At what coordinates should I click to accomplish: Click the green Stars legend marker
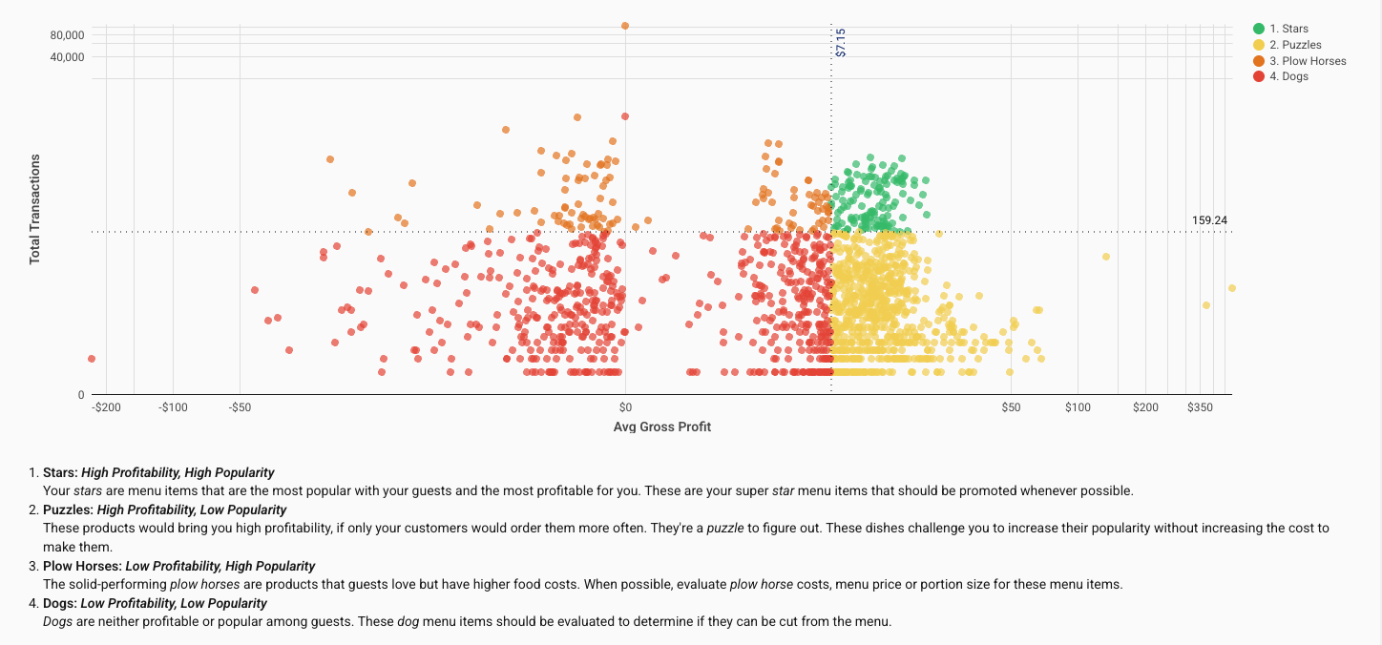pyautogui.click(x=1259, y=30)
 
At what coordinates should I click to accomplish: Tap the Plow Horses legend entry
pyautogui.click(x=1308, y=61)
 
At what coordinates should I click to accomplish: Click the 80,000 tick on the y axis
pyautogui.click(x=67, y=35)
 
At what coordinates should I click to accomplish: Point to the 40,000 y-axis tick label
pyautogui.click(x=67, y=57)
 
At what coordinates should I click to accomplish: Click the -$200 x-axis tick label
pyautogui.click(x=106, y=407)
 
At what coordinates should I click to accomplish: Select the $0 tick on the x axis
pyautogui.click(x=626, y=407)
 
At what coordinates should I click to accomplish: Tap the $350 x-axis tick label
pyautogui.click(x=1200, y=407)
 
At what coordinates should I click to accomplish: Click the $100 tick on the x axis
pyautogui.click(x=1078, y=407)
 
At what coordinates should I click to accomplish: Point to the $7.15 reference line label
pyautogui.click(x=841, y=43)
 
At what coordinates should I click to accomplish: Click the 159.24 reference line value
pyautogui.click(x=1209, y=220)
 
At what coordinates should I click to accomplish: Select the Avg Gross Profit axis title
pyautogui.click(x=661, y=427)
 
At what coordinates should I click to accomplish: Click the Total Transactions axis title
pyautogui.click(x=35, y=209)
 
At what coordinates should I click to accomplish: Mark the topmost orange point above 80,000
pyautogui.click(x=625, y=26)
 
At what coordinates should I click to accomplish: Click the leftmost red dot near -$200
pyautogui.click(x=92, y=359)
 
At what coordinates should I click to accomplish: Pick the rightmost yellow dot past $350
pyautogui.click(x=1231, y=288)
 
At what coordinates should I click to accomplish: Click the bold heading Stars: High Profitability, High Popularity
pyautogui.click(x=158, y=472)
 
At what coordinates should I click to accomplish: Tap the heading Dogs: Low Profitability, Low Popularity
pyautogui.click(x=155, y=603)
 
